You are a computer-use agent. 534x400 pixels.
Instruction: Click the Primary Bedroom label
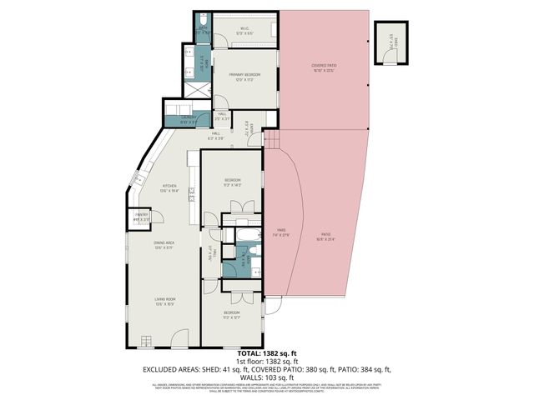244,77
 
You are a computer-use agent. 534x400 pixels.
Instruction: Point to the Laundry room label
189,118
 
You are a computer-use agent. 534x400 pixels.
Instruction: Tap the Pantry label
142,217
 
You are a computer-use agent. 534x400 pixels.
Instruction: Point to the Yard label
281,233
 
